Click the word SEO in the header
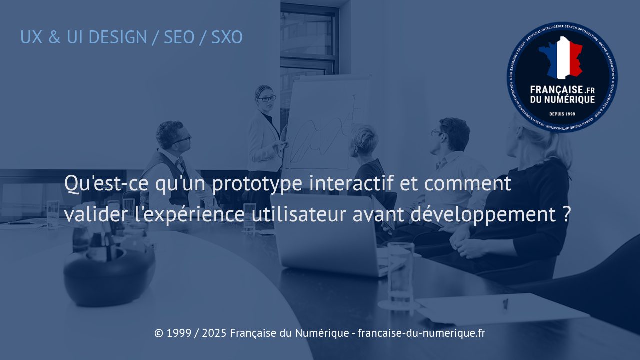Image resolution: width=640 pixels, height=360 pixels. (179, 37)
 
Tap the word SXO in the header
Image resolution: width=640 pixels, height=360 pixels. (227, 37)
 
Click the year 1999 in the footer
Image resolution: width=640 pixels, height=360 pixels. (179, 333)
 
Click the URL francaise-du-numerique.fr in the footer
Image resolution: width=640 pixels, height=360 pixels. (421, 333)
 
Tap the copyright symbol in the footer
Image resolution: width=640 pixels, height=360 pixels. (159, 333)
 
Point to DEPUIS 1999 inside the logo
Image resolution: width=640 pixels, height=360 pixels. (562, 114)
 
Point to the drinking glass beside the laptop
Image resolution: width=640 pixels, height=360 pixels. (400, 272)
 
